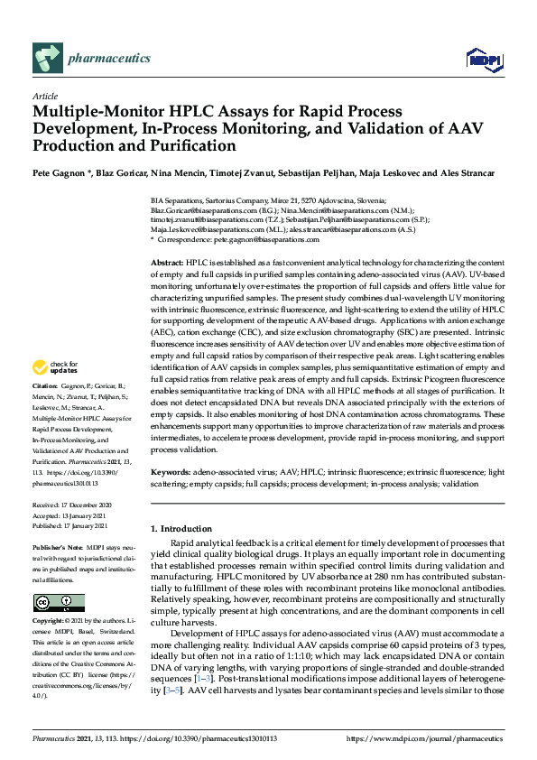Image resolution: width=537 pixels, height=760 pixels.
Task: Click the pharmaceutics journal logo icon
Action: pos(47,59)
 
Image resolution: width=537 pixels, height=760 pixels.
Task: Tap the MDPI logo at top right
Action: pos(484,60)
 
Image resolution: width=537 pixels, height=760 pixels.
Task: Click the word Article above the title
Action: pos(44,96)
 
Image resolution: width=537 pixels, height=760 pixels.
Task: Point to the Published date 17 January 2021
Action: pos(84,525)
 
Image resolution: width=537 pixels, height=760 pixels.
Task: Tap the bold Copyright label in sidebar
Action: pos(51,622)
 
